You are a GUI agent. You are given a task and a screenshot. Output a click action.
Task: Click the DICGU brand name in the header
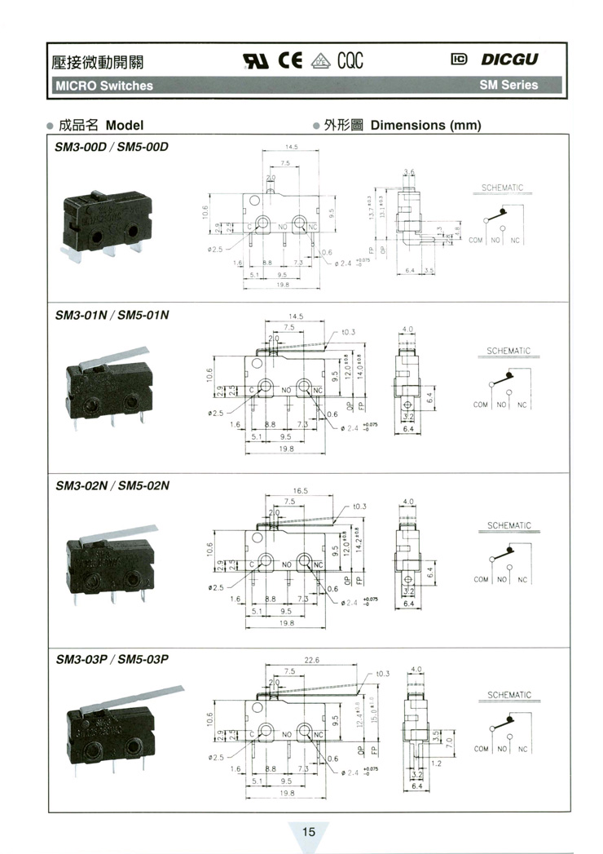(509, 60)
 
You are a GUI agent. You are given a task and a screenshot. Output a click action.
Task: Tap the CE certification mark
(291, 60)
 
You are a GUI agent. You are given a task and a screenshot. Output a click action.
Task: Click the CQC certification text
(347, 60)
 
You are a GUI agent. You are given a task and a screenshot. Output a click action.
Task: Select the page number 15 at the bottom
(309, 833)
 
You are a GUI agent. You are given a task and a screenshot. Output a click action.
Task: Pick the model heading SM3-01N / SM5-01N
(112, 316)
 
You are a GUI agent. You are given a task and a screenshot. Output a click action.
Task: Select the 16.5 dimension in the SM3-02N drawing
(300, 491)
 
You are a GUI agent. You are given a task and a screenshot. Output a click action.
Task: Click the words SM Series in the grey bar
(508, 85)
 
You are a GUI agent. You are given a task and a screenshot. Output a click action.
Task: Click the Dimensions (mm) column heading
(425, 126)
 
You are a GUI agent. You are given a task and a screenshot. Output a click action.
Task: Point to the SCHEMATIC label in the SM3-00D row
(501, 188)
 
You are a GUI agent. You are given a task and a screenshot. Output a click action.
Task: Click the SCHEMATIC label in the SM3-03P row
(509, 696)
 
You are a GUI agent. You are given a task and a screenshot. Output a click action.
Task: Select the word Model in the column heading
(125, 126)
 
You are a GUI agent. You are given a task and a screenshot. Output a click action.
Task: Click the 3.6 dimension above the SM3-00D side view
(409, 171)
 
